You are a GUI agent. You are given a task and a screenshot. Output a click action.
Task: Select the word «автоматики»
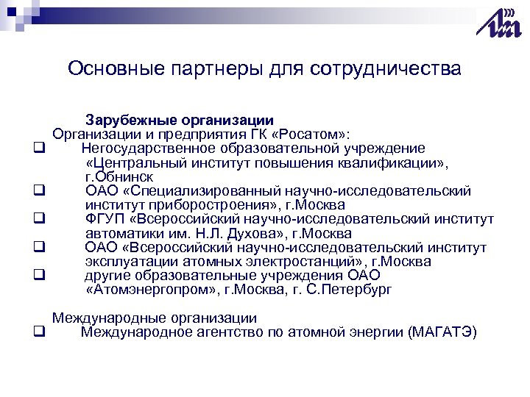click(x=119, y=234)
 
